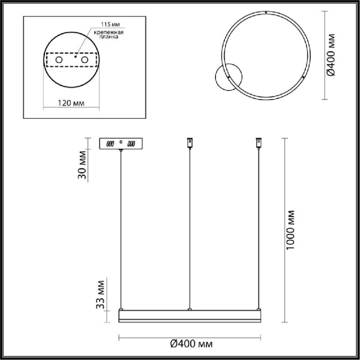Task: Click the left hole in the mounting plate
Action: [x=59, y=62]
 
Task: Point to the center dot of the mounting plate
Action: [x=72, y=62]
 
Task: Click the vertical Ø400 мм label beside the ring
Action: [x=332, y=54]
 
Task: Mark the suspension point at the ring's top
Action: [x=266, y=12]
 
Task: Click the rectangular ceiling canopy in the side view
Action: [x=121, y=143]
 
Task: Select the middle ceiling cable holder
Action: [x=190, y=143]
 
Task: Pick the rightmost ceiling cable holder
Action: [x=260, y=143]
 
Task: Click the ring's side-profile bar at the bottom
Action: [x=190, y=316]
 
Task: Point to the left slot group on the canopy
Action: [x=109, y=144]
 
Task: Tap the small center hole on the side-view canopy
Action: [x=121, y=142]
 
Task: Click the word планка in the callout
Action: [x=109, y=37]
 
